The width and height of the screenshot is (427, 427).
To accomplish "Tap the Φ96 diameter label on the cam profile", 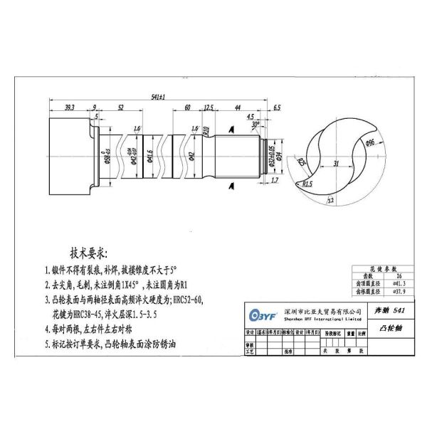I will (x=370, y=143).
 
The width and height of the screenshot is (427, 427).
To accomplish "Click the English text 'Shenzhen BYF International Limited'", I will (x=318, y=320).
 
